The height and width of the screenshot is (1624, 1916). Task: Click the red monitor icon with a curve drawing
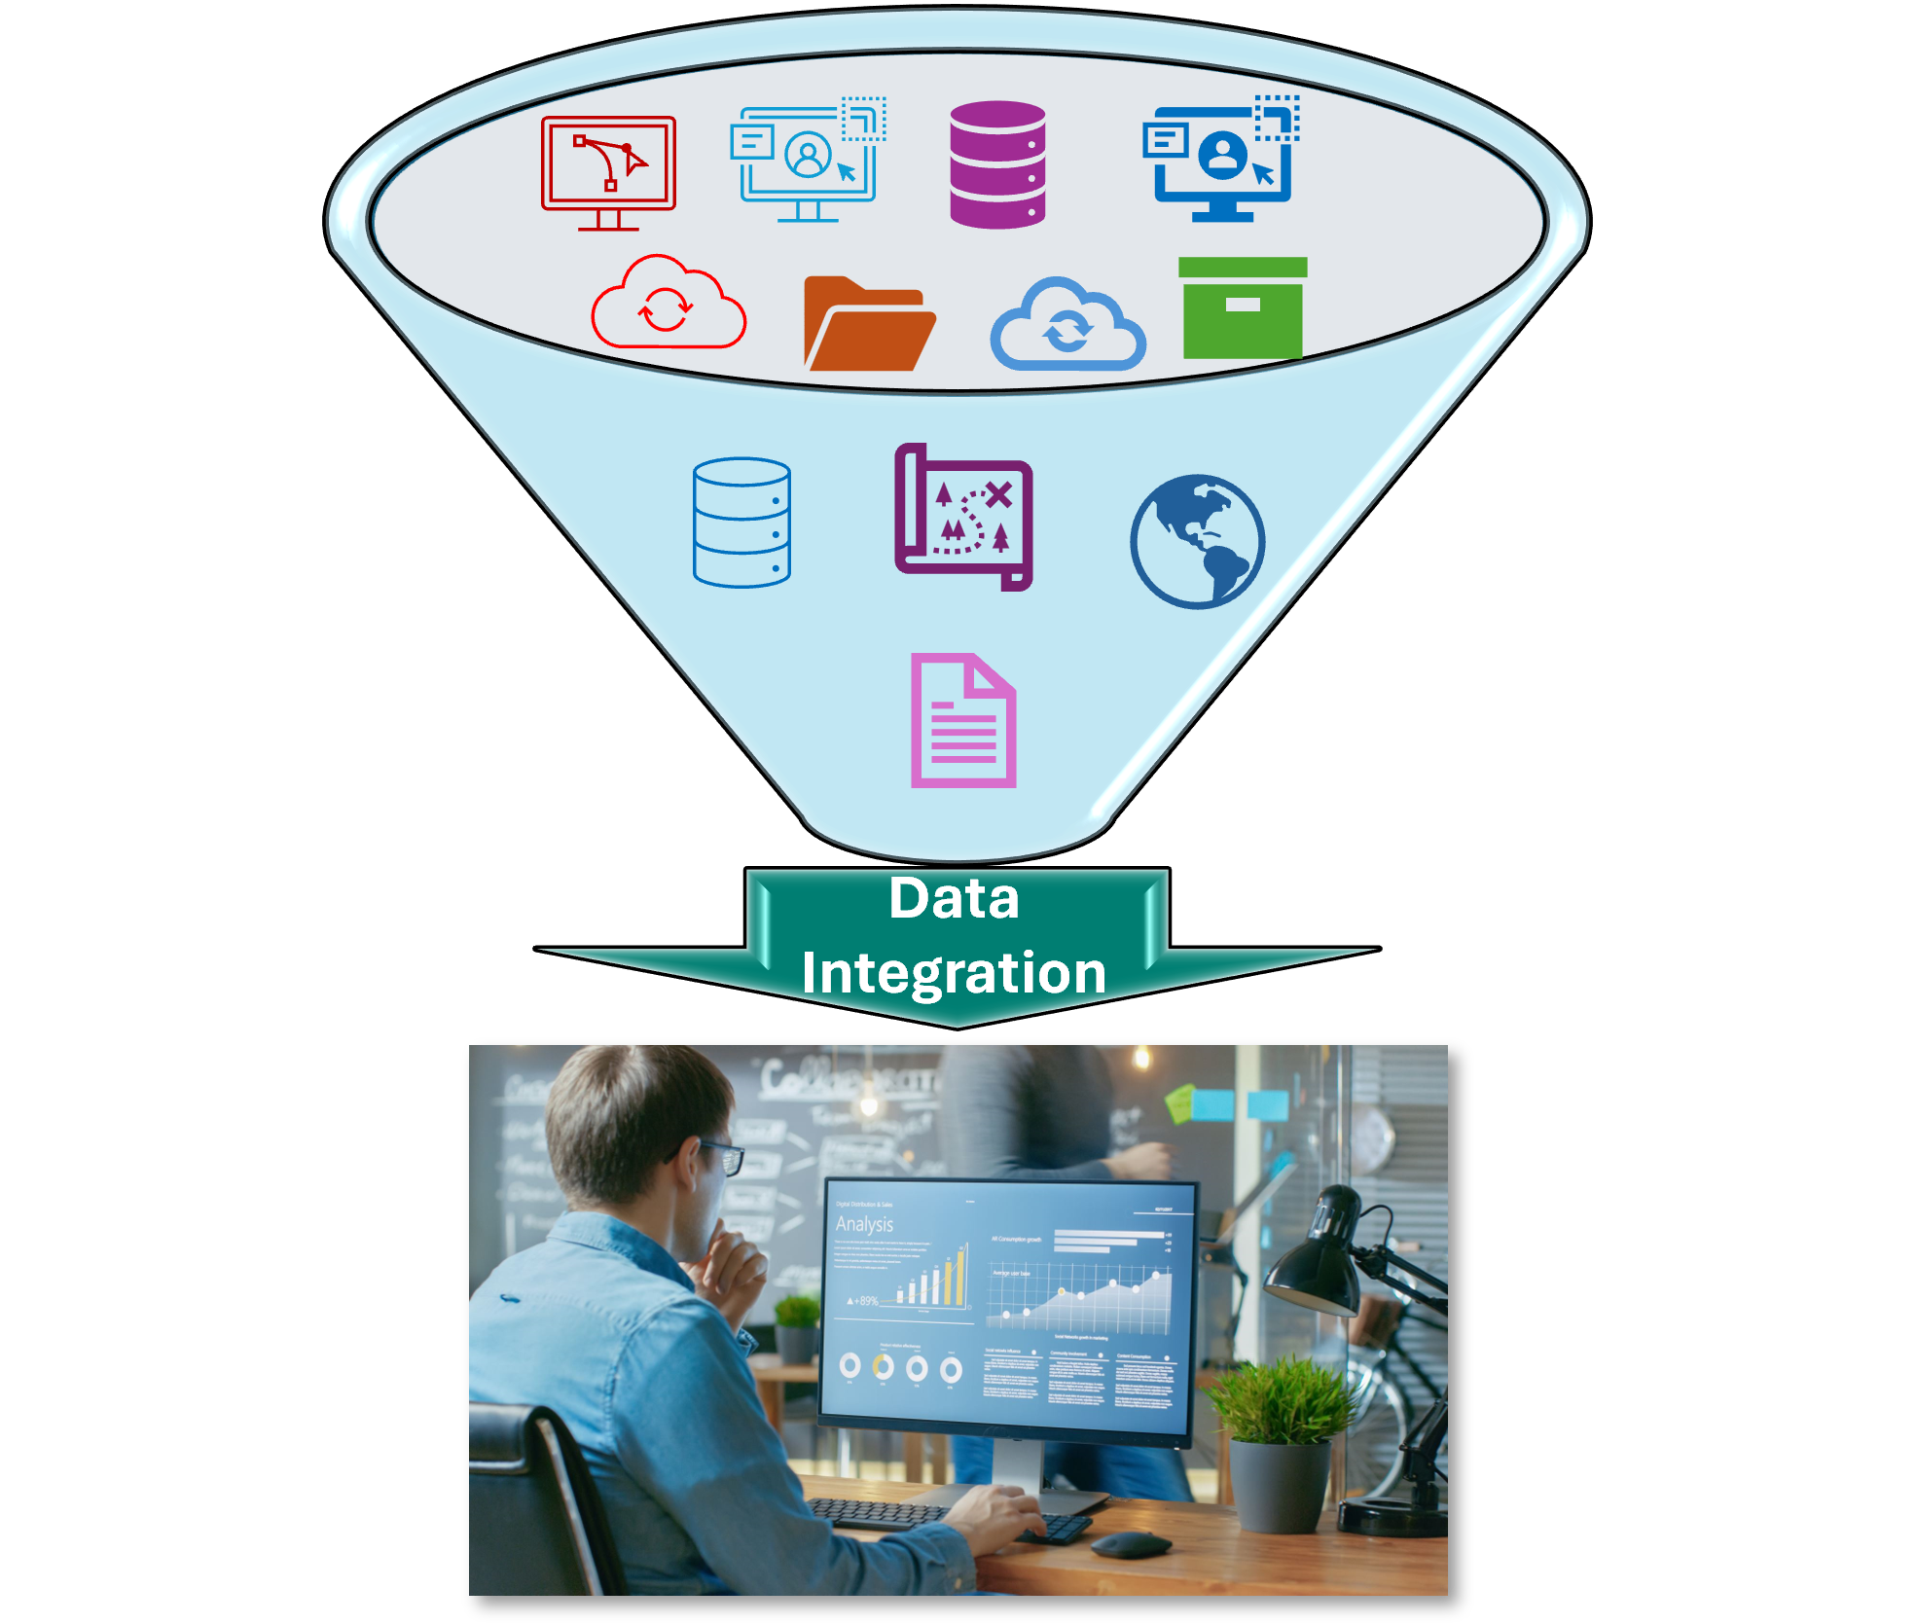click(608, 170)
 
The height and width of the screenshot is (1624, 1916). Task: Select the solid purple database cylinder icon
click(997, 164)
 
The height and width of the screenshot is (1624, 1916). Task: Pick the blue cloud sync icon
click(1067, 325)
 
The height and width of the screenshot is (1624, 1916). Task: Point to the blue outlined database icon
click(741, 523)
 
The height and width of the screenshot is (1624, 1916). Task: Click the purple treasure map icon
click(963, 517)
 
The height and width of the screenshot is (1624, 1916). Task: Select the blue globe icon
click(1197, 541)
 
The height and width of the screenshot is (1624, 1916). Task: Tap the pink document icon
click(963, 721)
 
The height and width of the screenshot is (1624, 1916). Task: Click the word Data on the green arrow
click(954, 898)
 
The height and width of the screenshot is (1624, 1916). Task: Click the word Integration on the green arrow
click(954, 972)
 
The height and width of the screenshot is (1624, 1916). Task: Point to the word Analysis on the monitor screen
click(864, 1223)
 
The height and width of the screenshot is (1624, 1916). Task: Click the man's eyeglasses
click(725, 1156)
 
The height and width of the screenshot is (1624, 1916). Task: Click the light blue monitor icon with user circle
click(808, 161)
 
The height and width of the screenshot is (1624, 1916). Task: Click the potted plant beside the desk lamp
click(1279, 1440)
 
